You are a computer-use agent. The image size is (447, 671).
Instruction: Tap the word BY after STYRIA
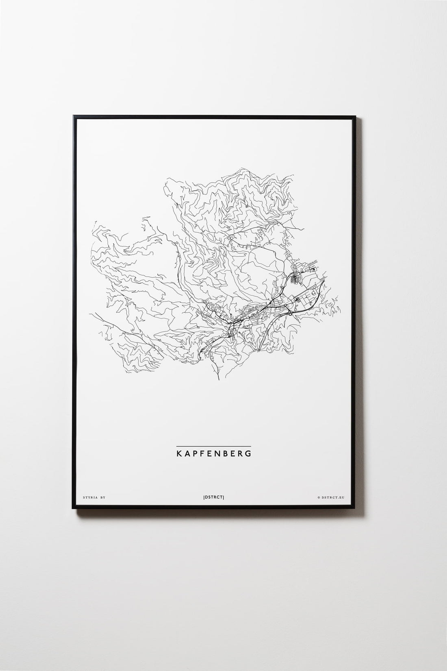tap(102, 497)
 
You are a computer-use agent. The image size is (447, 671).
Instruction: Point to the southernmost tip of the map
tap(219, 380)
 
